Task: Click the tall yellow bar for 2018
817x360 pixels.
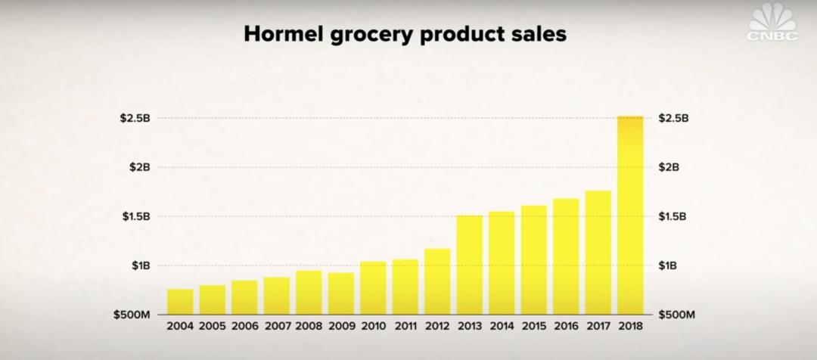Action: pos(630,216)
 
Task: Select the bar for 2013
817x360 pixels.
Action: pos(470,265)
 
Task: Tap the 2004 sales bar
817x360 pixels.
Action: pos(180,301)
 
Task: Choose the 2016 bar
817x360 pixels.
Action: pos(566,256)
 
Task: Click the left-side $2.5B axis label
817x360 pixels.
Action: pos(135,118)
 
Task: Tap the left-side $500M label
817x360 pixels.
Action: pos(130,315)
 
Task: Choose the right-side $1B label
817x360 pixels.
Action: pos(669,265)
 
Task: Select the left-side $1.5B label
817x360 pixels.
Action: pos(135,216)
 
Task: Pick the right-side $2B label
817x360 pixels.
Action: pos(669,167)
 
